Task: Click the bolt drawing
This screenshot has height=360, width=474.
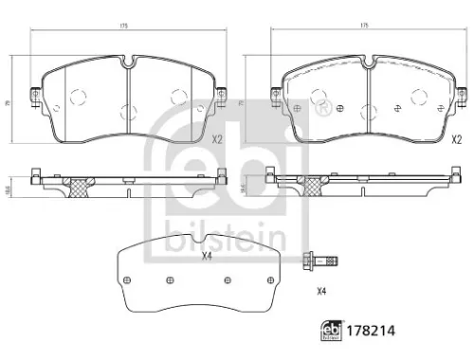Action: click(x=319, y=259)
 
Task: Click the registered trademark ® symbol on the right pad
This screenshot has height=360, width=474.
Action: click(x=299, y=111)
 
